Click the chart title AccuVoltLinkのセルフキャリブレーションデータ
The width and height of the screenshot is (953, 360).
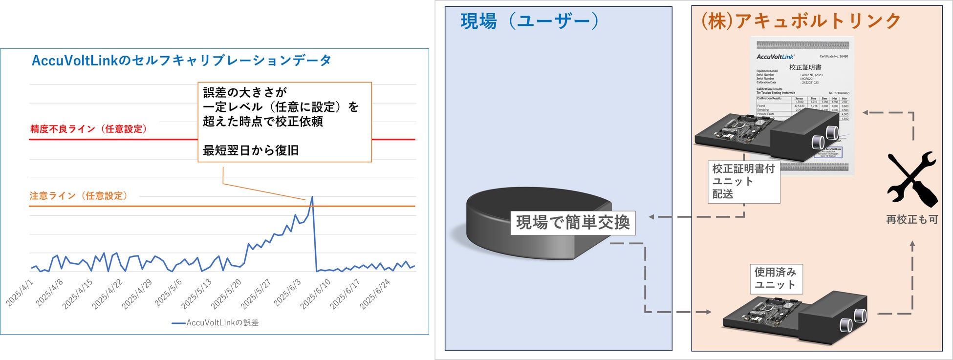181,61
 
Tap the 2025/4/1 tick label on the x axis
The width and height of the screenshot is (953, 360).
20,293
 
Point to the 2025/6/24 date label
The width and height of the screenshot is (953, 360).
375,294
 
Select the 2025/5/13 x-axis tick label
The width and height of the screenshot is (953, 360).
196,294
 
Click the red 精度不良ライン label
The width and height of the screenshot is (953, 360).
88,129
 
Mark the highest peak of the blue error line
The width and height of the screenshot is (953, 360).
312,197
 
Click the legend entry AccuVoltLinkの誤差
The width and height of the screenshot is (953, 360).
216,323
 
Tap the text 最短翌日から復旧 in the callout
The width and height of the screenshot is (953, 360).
251,150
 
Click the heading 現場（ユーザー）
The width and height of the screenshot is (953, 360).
529,21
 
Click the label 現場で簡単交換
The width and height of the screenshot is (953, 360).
573,223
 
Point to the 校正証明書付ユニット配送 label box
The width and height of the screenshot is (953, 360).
743,182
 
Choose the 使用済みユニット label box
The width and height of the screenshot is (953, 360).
776,279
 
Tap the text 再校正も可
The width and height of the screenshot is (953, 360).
912,220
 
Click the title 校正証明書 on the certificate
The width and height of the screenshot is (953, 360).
805,67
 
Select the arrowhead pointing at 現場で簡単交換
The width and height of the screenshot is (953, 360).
651,217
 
